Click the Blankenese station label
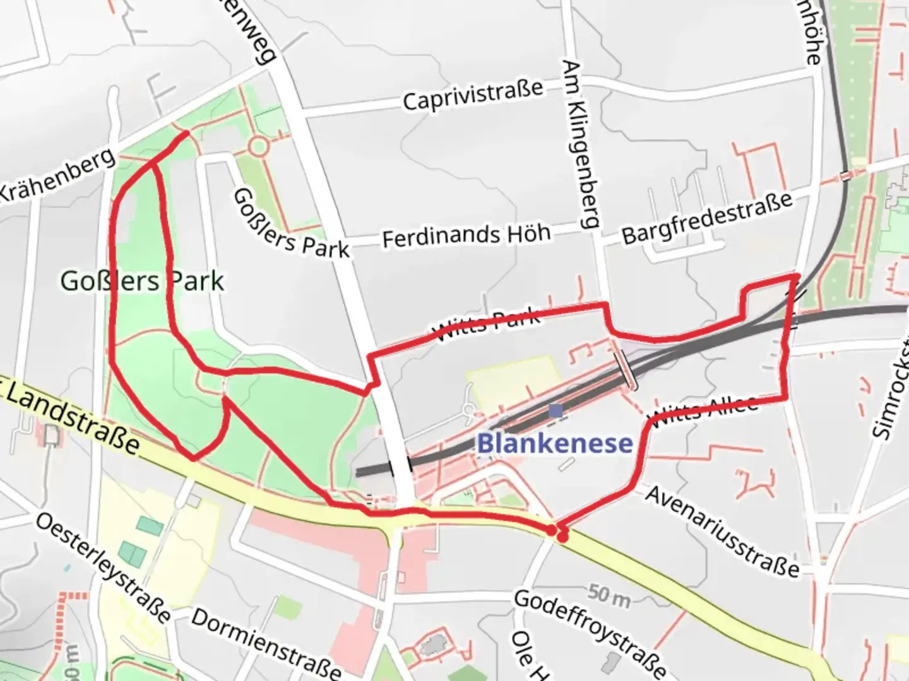[x=554, y=443]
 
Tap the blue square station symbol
[x=555, y=411]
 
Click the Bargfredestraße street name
[x=707, y=218]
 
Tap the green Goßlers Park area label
[x=142, y=281]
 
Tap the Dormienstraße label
[x=266, y=643]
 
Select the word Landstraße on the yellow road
[x=73, y=419]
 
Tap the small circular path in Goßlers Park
[x=258, y=147]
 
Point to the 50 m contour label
[x=609, y=595]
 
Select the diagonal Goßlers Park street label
[x=290, y=224]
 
